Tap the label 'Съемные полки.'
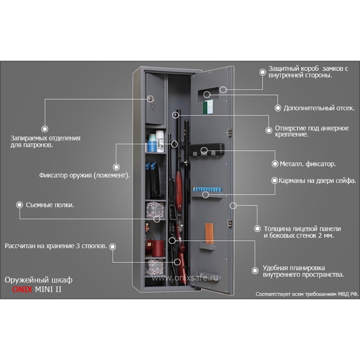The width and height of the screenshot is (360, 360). [x=49, y=205]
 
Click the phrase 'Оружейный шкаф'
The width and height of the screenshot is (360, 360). [x=39, y=279]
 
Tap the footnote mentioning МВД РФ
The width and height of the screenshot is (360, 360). [x=306, y=295]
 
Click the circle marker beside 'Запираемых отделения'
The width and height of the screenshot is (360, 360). [x=45, y=129]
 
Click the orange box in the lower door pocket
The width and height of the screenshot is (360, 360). [x=209, y=233]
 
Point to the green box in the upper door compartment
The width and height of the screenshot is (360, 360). [x=208, y=107]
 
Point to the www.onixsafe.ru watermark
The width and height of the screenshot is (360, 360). [x=185, y=278]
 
